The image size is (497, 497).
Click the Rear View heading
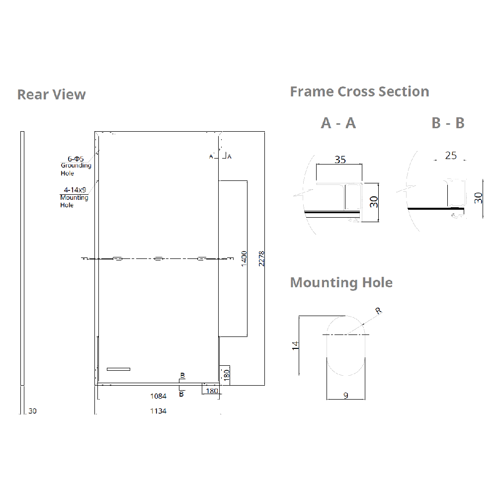point(51,94)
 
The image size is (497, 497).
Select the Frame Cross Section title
point(359,91)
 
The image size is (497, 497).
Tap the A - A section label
point(338,123)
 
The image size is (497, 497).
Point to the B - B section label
point(448,123)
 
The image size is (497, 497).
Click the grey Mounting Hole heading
point(341,282)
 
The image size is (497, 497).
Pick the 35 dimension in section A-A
point(340,160)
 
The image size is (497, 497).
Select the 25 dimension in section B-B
point(451,156)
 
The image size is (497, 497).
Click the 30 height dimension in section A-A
point(374,202)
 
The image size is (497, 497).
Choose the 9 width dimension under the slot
point(345,396)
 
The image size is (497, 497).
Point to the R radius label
point(378,311)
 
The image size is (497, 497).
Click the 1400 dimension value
point(244,258)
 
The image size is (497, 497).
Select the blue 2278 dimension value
point(261,258)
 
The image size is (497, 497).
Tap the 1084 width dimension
point(158,396)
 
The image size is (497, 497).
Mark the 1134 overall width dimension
point(158,411)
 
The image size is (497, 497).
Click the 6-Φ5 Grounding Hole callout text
point(76,166)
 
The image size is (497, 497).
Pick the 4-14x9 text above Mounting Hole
point(74,189)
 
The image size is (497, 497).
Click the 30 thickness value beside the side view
point(33,411)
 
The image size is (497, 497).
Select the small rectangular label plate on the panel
point(118,369)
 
